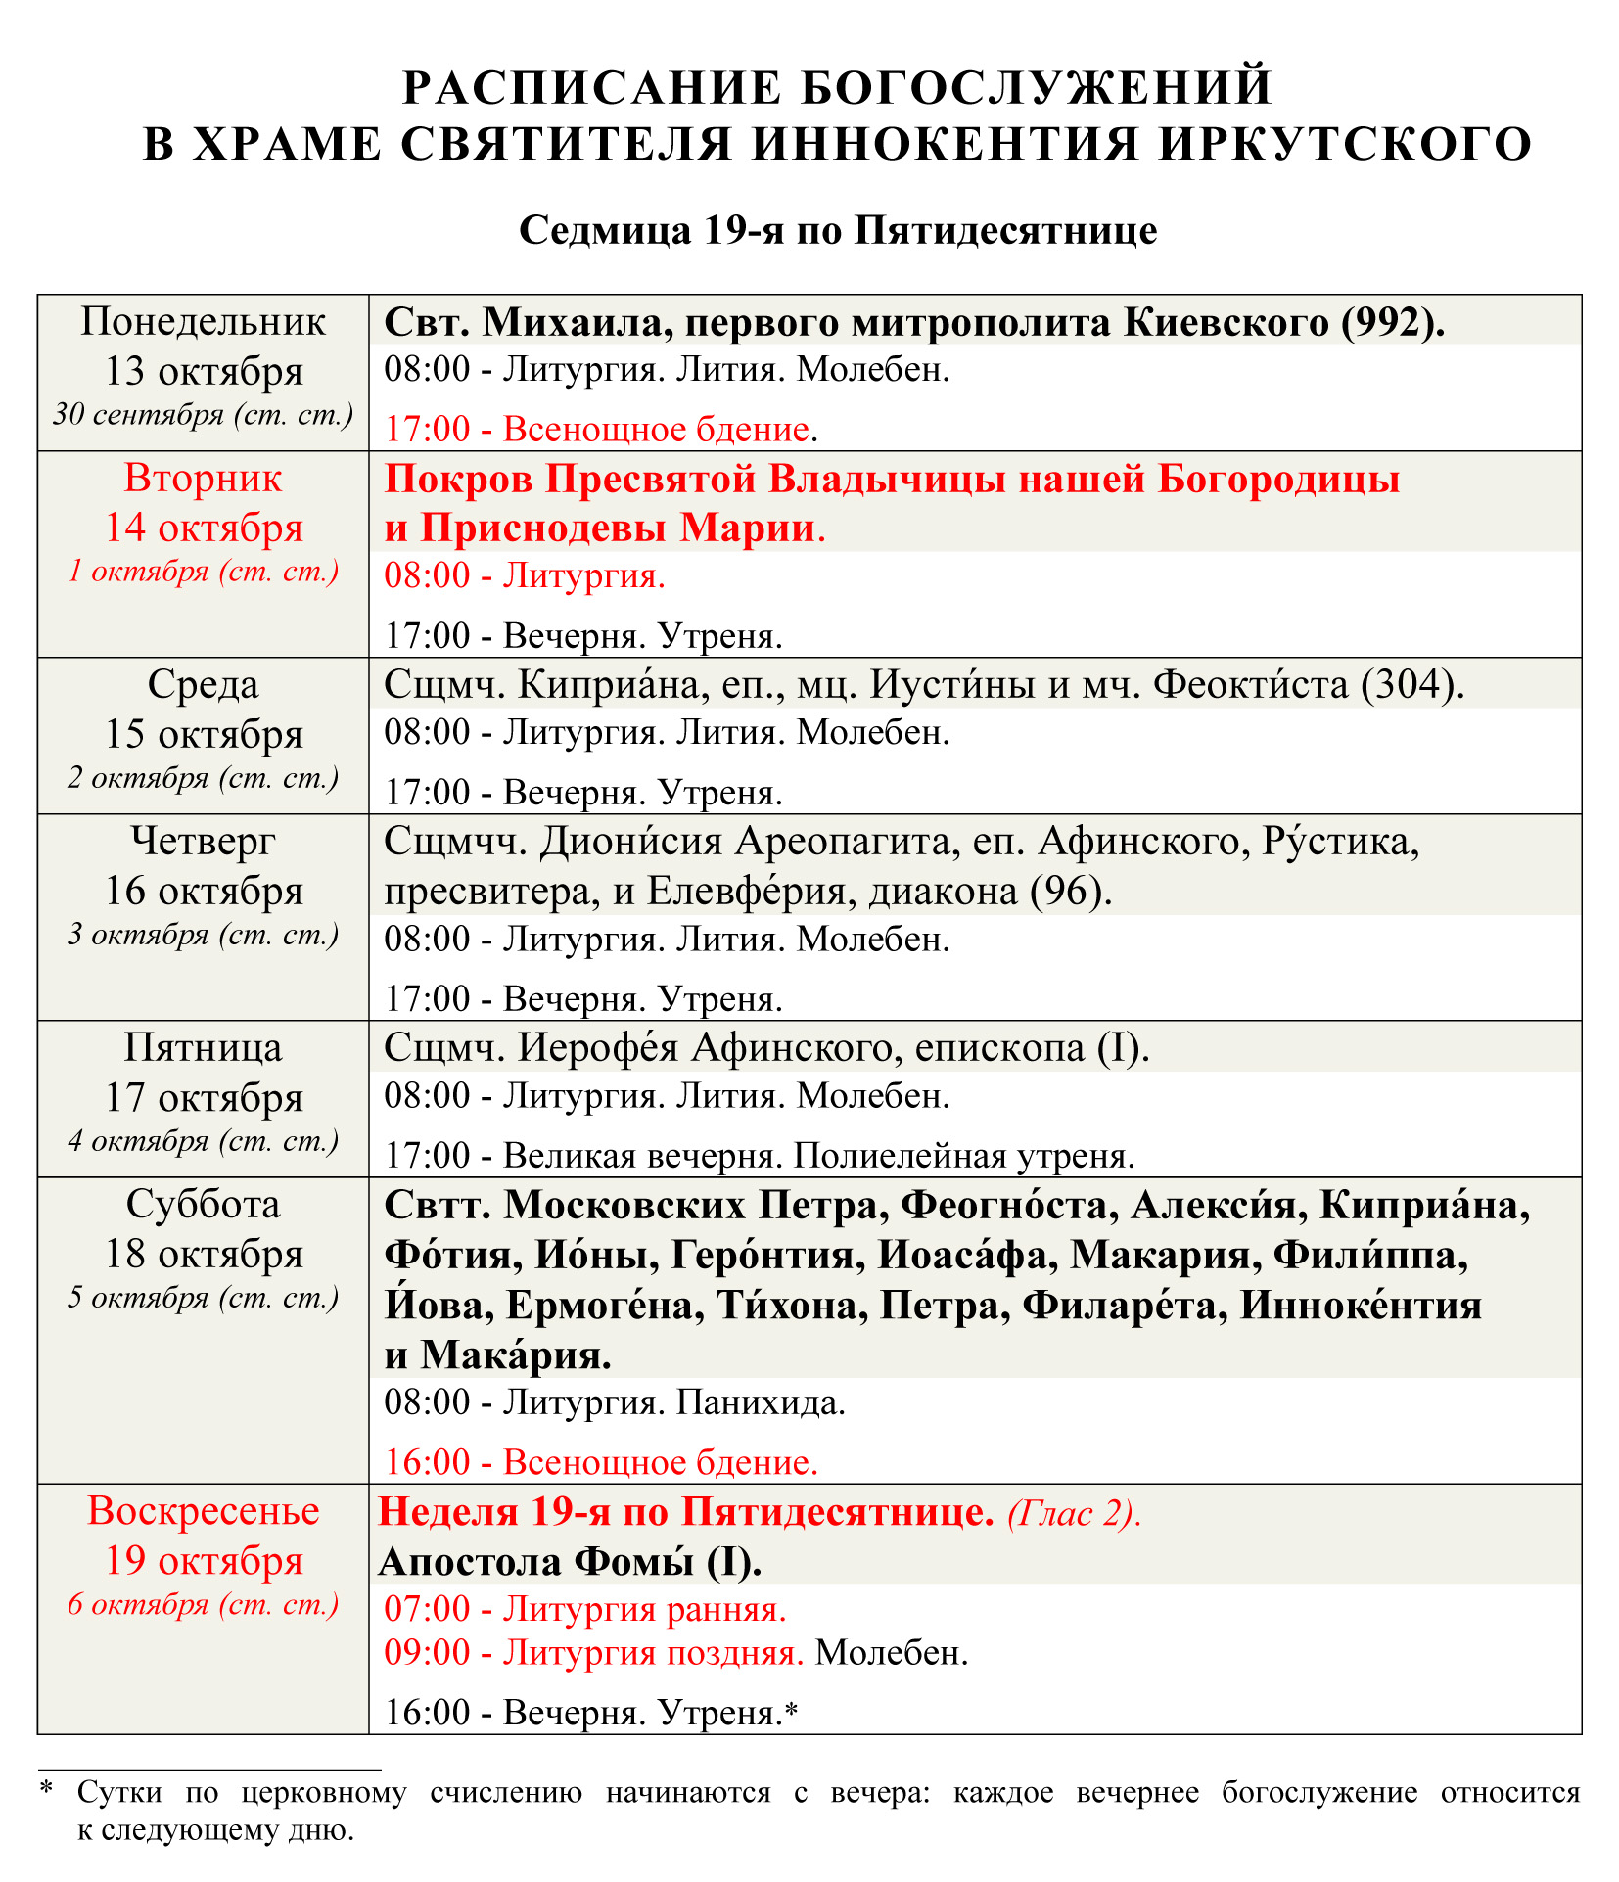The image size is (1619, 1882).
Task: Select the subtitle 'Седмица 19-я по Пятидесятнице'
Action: click(838, 231)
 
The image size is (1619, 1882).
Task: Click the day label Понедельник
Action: click(203, 322)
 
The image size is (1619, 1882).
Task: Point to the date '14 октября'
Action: click(204, 528)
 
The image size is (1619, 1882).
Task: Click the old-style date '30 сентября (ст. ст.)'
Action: click(203, 415)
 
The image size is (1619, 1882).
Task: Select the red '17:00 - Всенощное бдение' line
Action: click(599, 429)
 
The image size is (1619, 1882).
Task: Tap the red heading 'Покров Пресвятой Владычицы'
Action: click(891, 480)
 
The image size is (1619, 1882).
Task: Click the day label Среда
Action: click(203, 684)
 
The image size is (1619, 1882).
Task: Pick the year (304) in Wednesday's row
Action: click(1411, 684)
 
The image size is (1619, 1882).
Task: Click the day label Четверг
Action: click(203, 840)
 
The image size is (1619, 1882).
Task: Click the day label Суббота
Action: click(203, 1204)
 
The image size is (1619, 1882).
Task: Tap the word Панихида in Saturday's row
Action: click(761, 1402)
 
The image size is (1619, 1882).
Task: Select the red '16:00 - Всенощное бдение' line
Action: click(600, 1462)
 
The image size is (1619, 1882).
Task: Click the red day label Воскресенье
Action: click(203, 1511)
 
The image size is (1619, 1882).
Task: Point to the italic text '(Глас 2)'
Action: click(1074, 1513)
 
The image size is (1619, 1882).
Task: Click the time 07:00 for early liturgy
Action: click(427, 1609)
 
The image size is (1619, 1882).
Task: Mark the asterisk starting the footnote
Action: click(45, 1790)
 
